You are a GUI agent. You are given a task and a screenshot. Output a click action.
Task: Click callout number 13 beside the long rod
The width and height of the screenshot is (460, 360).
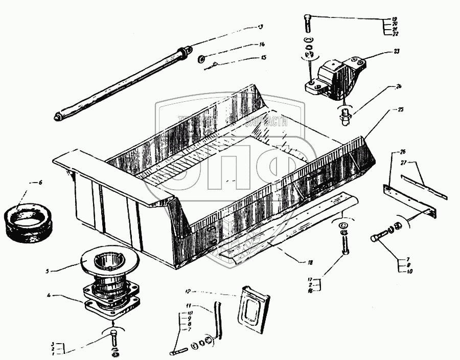pyautogui.click(x=260, y=27)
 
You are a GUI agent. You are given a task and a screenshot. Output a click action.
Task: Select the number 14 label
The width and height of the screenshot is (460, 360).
pyautogui.click(x=262, y=44)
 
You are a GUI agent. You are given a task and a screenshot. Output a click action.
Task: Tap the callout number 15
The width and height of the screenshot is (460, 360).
pyautogui.click(x=264, y=58)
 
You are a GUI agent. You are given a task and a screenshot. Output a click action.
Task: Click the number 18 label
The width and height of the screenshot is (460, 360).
pyautogui.click(x=310, y=262)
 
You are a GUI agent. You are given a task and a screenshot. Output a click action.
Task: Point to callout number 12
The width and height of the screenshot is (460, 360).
pyautogui.click(x=188, y=291)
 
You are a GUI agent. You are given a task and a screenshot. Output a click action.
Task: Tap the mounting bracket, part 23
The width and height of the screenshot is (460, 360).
pyautogui.click(x=335, y=79)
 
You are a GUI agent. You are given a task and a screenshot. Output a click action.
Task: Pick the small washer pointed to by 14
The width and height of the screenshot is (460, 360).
pyautogui.click(x=201, y=58)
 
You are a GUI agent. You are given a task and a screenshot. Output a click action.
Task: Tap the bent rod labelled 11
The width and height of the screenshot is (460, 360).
pyautogui.click(x=219, y=320)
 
